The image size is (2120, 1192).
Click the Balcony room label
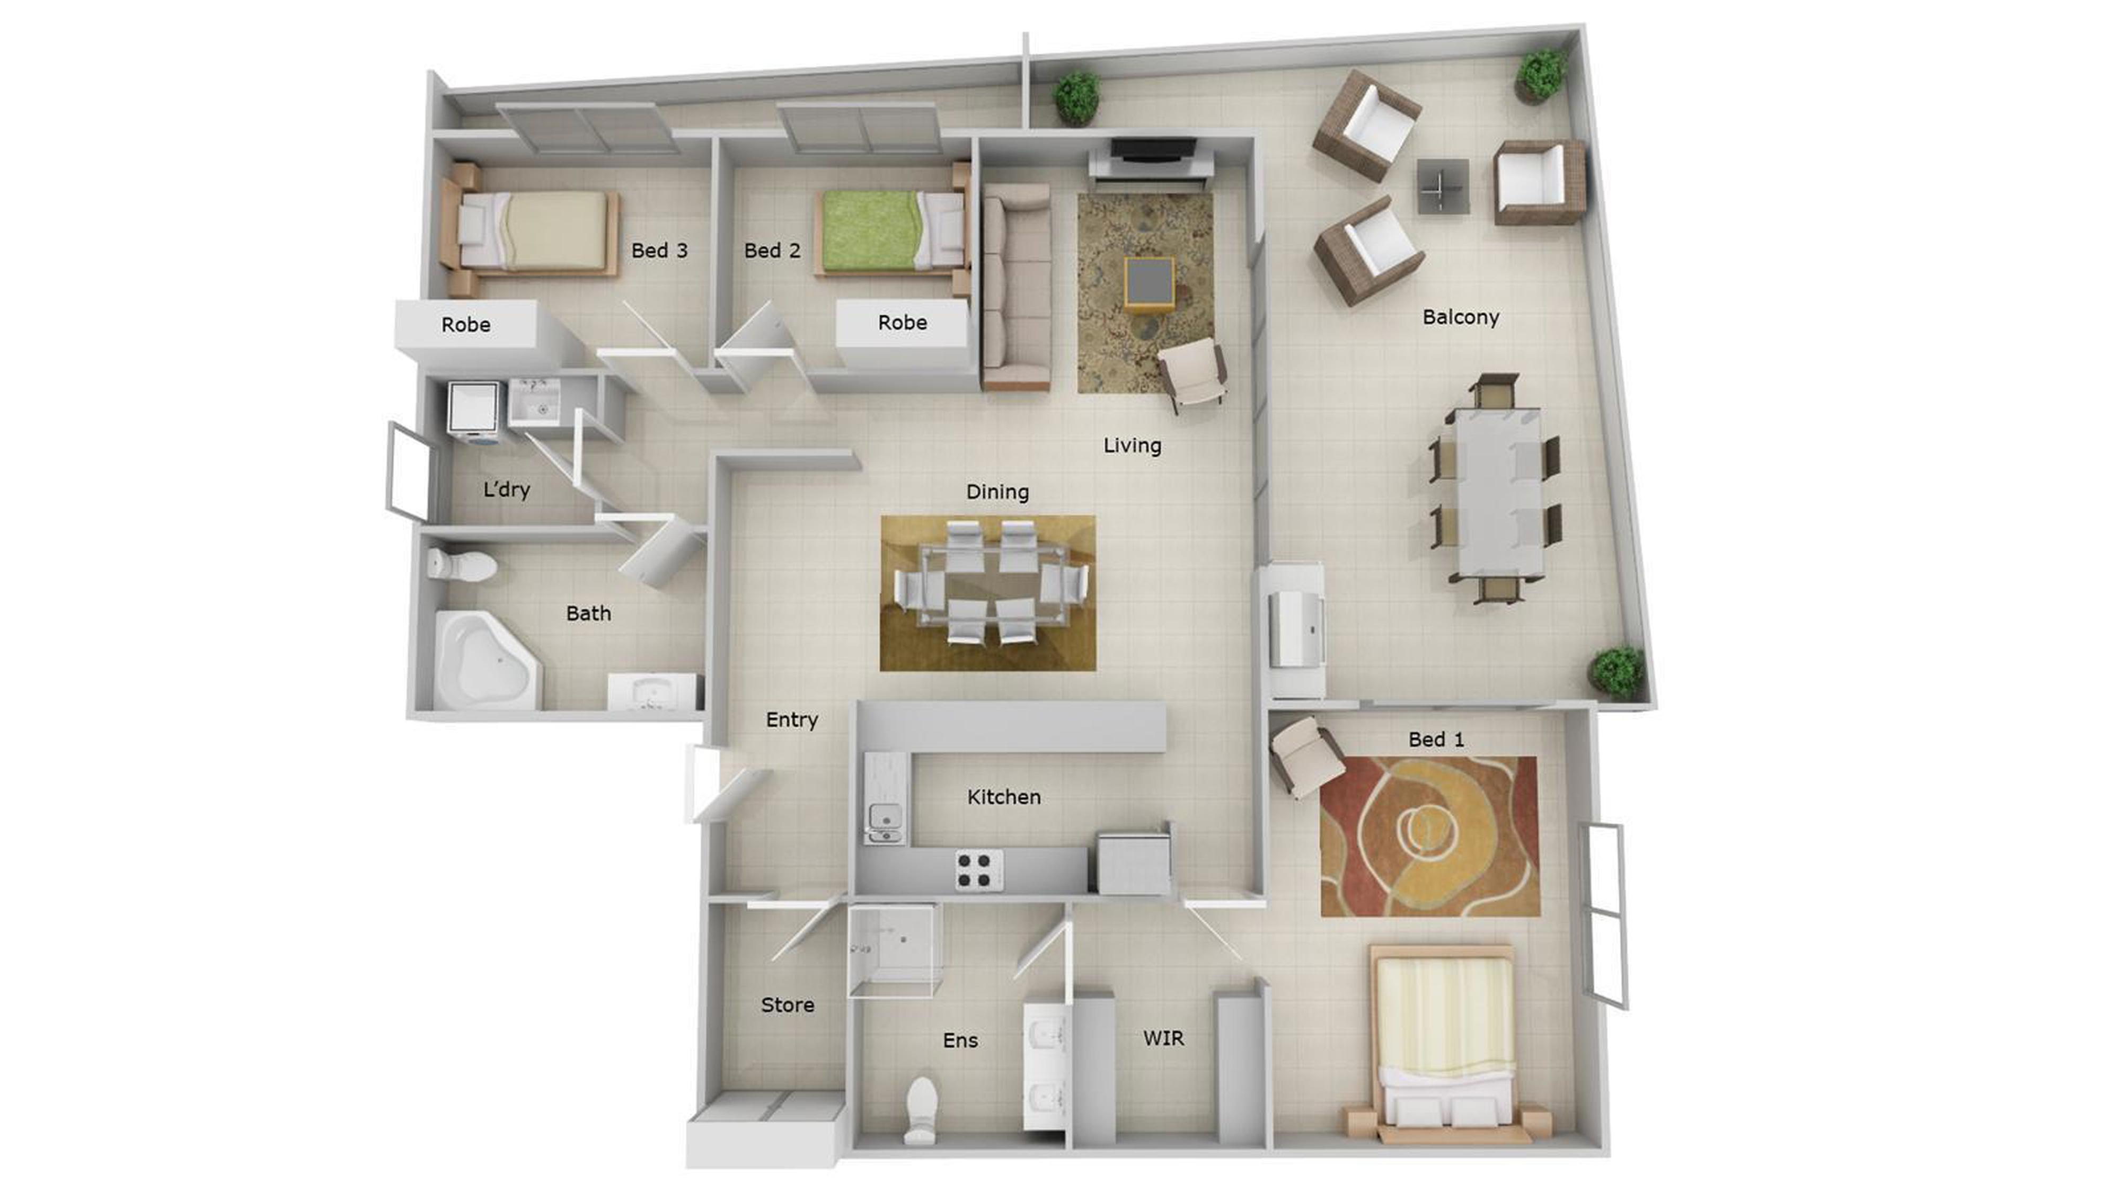coord(1460,317)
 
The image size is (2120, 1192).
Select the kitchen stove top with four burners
coord(978,869)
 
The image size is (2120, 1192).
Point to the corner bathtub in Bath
coord(485,660)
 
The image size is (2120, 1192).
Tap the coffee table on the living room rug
coord(1150,282)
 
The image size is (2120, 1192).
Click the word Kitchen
coord(1003,796)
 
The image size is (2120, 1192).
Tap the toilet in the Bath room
coord(462,565)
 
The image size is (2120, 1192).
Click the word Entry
coord(792,720)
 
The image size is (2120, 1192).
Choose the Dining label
coord(997,492)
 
